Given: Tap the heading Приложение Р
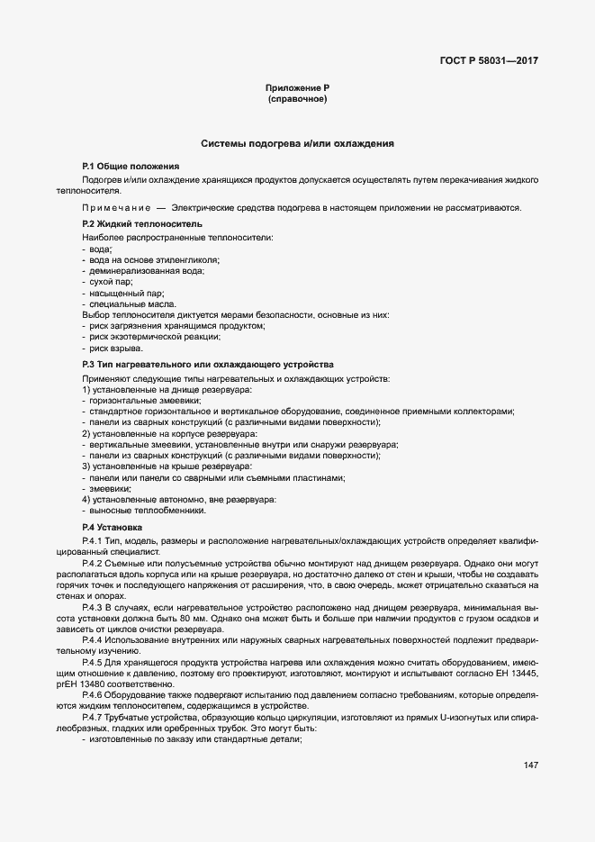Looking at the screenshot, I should click(x=297, y=87).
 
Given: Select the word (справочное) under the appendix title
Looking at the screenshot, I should click(x=297, y=99).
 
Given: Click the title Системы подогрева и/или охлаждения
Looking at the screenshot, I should click(x=297, y=143).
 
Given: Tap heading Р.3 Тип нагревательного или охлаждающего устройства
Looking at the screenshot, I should click(x=207, y=364).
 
